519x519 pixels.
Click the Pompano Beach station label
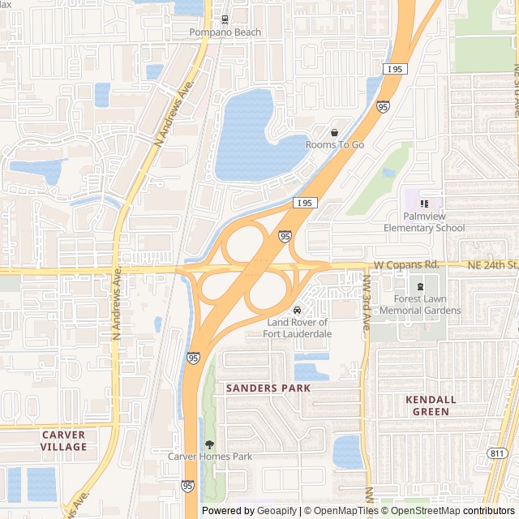tap(225, 32)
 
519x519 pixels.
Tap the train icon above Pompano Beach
tap(225, 19)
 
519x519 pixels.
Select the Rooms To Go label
tap(334, 144)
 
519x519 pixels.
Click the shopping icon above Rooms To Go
tap(334, 132)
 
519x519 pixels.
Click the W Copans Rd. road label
tap(406, 265)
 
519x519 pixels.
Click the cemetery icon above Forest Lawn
tap(420, 286)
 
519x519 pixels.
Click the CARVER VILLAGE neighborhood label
tap(63, 441)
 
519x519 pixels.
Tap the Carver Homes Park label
tap(210, 457)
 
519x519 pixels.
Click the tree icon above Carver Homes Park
tap(210, 444)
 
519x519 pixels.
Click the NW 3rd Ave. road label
tap(367, 302)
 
